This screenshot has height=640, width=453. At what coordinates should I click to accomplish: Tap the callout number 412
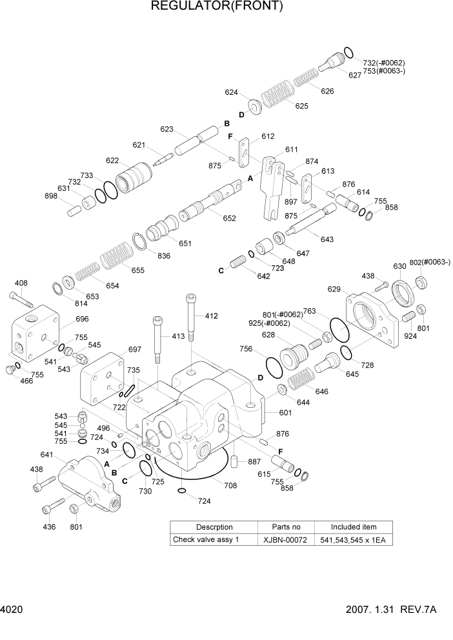point(211,316)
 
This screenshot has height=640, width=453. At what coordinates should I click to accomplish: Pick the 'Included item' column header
point(354,527)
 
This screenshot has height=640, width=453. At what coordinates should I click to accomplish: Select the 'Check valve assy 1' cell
point(205,540)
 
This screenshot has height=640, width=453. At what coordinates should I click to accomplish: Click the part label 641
point(46,454)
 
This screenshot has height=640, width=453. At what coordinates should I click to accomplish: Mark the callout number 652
point(229,219)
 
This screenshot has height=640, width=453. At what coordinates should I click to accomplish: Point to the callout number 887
point(254,461)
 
